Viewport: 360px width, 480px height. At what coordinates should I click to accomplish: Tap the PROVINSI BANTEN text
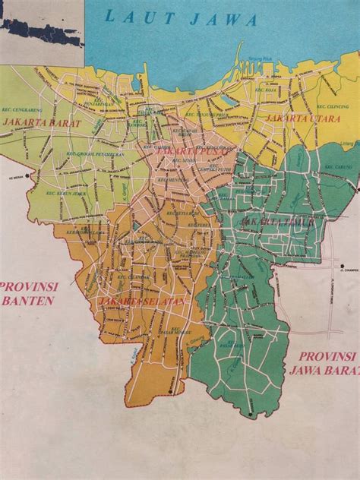coord(28,293)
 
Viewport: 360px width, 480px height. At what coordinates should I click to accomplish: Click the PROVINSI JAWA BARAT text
coord(327,362)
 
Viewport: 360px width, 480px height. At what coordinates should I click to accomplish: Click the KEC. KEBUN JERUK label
coord(52,194)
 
